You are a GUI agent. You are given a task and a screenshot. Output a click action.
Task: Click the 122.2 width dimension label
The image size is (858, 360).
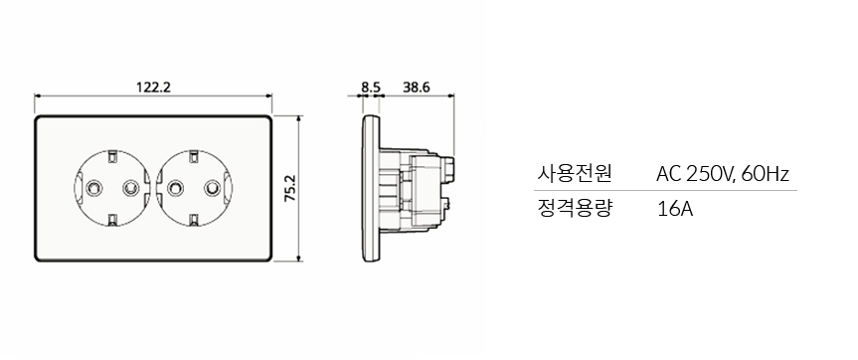click(x=154, y=88)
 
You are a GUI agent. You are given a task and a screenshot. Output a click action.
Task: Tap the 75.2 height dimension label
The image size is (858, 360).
click(x=289, y=189)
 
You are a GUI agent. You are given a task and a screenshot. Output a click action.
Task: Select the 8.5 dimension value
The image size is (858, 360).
click(x=371, y=88)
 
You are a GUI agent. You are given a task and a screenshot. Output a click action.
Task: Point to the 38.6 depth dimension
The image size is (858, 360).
click(x=417, y=88)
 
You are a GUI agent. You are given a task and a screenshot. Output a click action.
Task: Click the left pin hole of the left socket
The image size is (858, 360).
click(x=95, y=188)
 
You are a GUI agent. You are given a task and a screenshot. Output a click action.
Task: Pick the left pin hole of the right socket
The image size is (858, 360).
click(x=175, y=188)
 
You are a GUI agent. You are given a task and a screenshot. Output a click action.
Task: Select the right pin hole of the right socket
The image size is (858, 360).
click(x=210, y=188)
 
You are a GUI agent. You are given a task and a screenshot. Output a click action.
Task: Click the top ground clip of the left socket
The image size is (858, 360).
click(x=112, y=156)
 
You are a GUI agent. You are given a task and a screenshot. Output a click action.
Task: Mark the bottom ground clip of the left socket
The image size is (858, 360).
click(x=112, y=220)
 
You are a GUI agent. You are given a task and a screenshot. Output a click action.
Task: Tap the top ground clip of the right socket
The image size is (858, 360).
click(x=193, y=156)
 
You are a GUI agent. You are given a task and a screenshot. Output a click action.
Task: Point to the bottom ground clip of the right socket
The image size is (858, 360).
click(x=193, y=220)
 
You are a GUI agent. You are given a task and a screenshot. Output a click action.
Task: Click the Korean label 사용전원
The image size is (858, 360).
click(x=574, y=174)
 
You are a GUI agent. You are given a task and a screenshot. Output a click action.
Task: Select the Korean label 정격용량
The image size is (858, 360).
click(x=574, y=209)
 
